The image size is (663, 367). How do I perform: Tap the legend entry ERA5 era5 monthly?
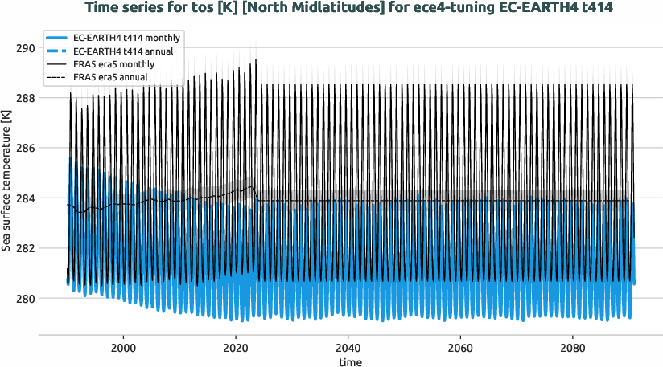coord(125,63)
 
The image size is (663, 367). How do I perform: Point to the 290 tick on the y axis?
coord(27,48)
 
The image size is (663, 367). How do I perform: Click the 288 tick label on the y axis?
coord(27,98)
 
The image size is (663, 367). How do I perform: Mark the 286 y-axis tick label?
coord(27,149)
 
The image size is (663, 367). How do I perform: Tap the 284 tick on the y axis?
coord(27,198)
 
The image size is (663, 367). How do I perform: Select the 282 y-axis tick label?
coord(27,248)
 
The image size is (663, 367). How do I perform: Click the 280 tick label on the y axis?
coord(27,299)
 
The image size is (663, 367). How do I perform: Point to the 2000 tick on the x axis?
coord(123,340)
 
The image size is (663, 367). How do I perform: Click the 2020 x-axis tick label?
coord(236,340)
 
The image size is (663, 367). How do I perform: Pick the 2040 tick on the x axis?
coord(348,340)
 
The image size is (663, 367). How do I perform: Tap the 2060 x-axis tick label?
coord(459,340)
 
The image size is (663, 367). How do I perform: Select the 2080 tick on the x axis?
coord(572,340)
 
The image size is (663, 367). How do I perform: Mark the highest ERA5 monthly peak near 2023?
coord(256,59)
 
